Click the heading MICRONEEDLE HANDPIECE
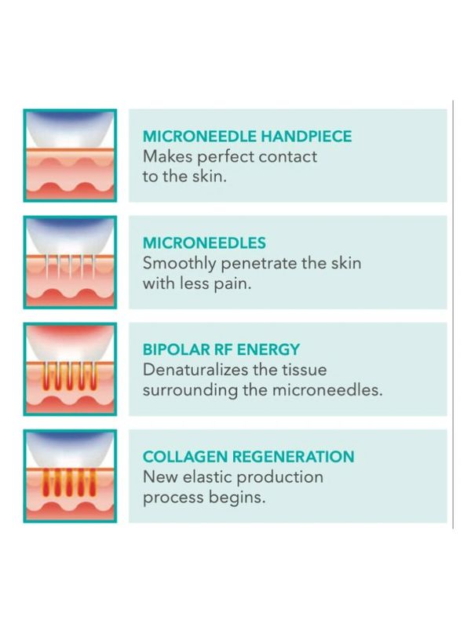point(247,136)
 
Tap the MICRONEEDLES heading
point(204,243)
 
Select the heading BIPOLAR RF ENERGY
point(221,349)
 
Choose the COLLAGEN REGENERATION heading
point(248,457)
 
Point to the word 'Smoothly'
point(180,264)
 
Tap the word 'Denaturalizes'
point(190,369)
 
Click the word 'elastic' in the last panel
point(207,477)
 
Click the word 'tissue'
point(304,369)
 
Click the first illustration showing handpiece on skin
point(70,155)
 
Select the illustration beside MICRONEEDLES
point(70,262)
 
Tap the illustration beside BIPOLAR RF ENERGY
point(70,369)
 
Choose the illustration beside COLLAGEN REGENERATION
point(70,476)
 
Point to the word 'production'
point(279,477)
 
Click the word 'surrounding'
point(190,391)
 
